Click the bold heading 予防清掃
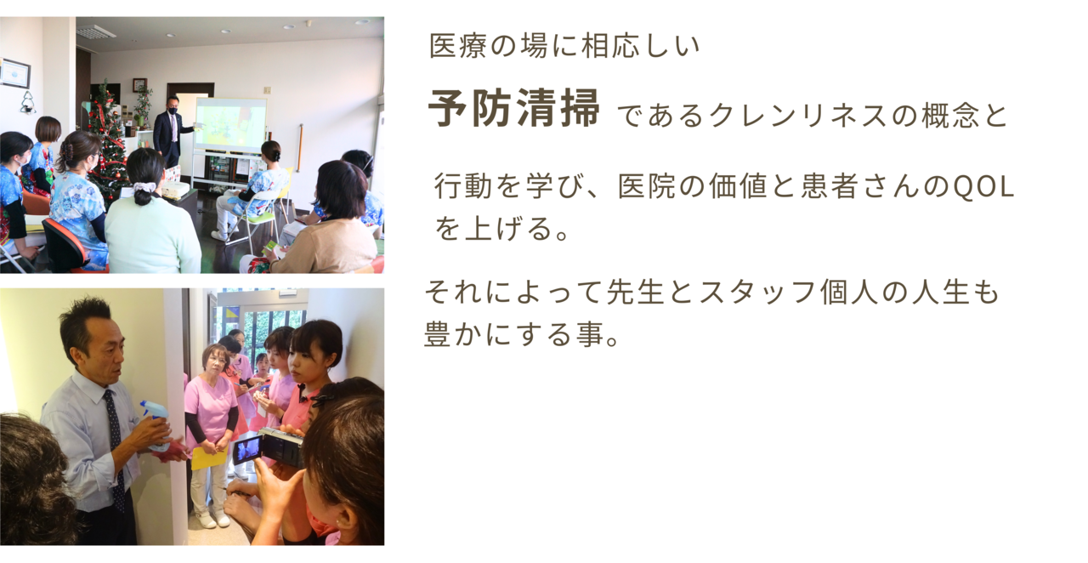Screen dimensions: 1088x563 coord(514,108)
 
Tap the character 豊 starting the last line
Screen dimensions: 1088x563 coord(438,334)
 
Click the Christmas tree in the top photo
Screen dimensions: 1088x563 coord(109,141)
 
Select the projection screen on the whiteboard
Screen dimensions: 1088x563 coord(231,125)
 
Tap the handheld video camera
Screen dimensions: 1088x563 coord(268,447)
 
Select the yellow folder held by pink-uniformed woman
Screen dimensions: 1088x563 coord(209,457)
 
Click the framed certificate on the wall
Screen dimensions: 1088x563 coord(14,73)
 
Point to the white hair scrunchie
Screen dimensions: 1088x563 coord(144,187)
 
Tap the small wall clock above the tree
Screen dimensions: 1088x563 coord(139,84)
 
